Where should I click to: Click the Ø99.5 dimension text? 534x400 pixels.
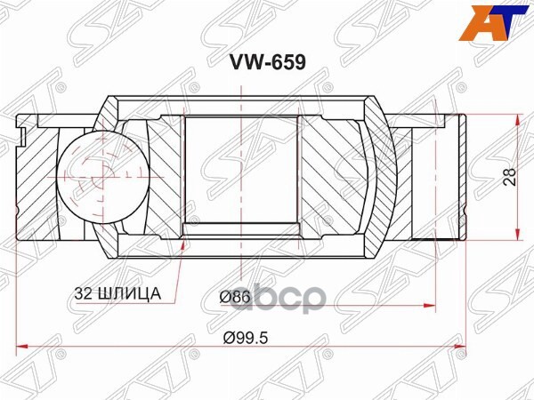[x=241, y=338]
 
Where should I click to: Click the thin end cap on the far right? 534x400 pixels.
[x=460, y=178]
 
